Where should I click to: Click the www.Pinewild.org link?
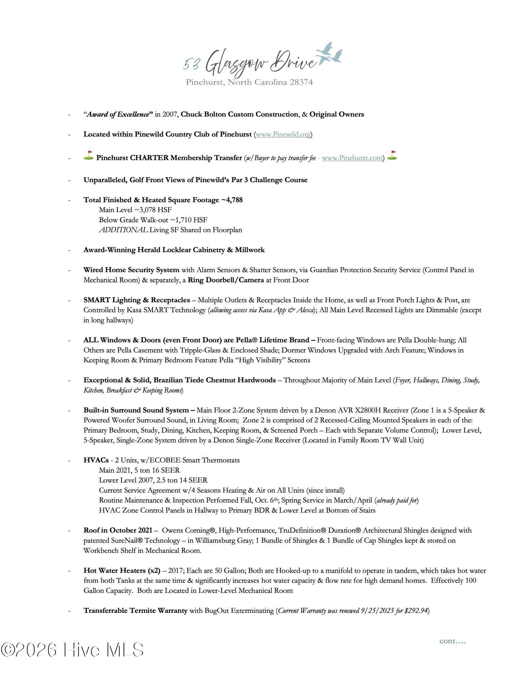coord(283,134)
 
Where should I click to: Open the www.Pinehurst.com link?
coord(352,158)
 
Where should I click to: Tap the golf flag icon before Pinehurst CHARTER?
coord(89,156)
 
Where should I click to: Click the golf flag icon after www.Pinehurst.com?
coord(392,156)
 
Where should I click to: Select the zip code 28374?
coord(301,82)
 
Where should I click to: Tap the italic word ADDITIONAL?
coord(123,230)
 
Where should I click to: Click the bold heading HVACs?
coord(96,460)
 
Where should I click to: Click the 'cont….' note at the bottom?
coord(452,641)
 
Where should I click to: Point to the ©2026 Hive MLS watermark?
coord(72,650)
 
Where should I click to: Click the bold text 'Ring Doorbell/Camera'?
coord(226,280)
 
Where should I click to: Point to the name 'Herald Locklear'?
coord(160,250)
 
